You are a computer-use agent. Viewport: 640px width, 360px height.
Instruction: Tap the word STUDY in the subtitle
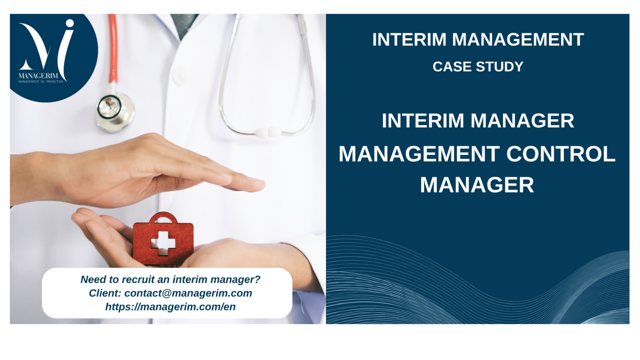[x=500, y=66]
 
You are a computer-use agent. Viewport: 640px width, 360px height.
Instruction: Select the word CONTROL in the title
[x=561, y=154]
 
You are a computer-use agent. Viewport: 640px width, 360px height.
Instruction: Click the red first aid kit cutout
[x=163, y=238]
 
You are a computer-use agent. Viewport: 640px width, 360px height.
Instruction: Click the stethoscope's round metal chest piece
[x=114, y=112]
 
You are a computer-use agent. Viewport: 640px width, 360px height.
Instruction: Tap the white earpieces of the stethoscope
[x=268, y=132]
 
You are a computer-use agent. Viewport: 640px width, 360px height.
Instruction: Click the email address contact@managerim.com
[x=188, y=293]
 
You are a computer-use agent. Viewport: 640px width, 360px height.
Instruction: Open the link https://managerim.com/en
[x=170, y=307]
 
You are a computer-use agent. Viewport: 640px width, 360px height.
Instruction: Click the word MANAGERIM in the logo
[x=38, y=76]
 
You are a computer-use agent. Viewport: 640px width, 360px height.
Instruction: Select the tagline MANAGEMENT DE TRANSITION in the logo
[x=41, y=82]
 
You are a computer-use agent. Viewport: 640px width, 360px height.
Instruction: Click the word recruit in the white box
[x=138, y=280]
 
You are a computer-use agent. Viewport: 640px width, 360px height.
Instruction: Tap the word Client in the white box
[x=105, y=293]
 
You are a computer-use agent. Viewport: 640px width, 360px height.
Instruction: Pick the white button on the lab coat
[x=180, y=76]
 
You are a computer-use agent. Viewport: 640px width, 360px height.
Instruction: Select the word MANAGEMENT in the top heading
[x=518, y=40]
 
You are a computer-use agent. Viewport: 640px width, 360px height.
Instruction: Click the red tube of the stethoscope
[x=113, y=48]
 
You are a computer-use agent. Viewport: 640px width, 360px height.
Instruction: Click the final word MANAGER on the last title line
[x=477, y=185]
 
